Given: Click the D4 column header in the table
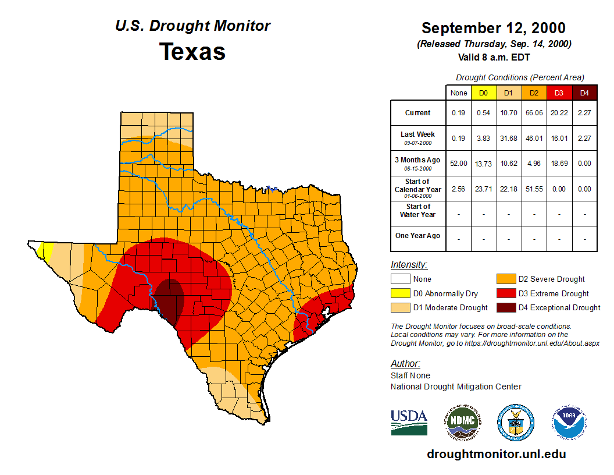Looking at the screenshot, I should coord(584,93).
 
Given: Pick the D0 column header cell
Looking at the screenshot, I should coord(484,93).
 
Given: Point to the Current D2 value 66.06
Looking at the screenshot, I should coord(534,113).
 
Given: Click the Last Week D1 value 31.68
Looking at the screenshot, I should coord(509,138).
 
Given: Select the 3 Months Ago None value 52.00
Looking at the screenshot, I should coord(459,164).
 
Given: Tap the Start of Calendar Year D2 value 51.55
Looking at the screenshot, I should coord(534,189).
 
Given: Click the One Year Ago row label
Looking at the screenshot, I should coord(417,236).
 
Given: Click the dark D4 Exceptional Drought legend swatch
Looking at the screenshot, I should coord(505,308).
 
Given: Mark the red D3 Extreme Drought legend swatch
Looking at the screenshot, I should coord(505,294).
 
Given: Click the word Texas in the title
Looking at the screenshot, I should coord(192,51).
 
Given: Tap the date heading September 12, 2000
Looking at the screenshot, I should coord(493,28).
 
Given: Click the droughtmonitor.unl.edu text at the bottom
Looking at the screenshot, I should coord(496,454).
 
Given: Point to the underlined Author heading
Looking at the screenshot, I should coord(405,364).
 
